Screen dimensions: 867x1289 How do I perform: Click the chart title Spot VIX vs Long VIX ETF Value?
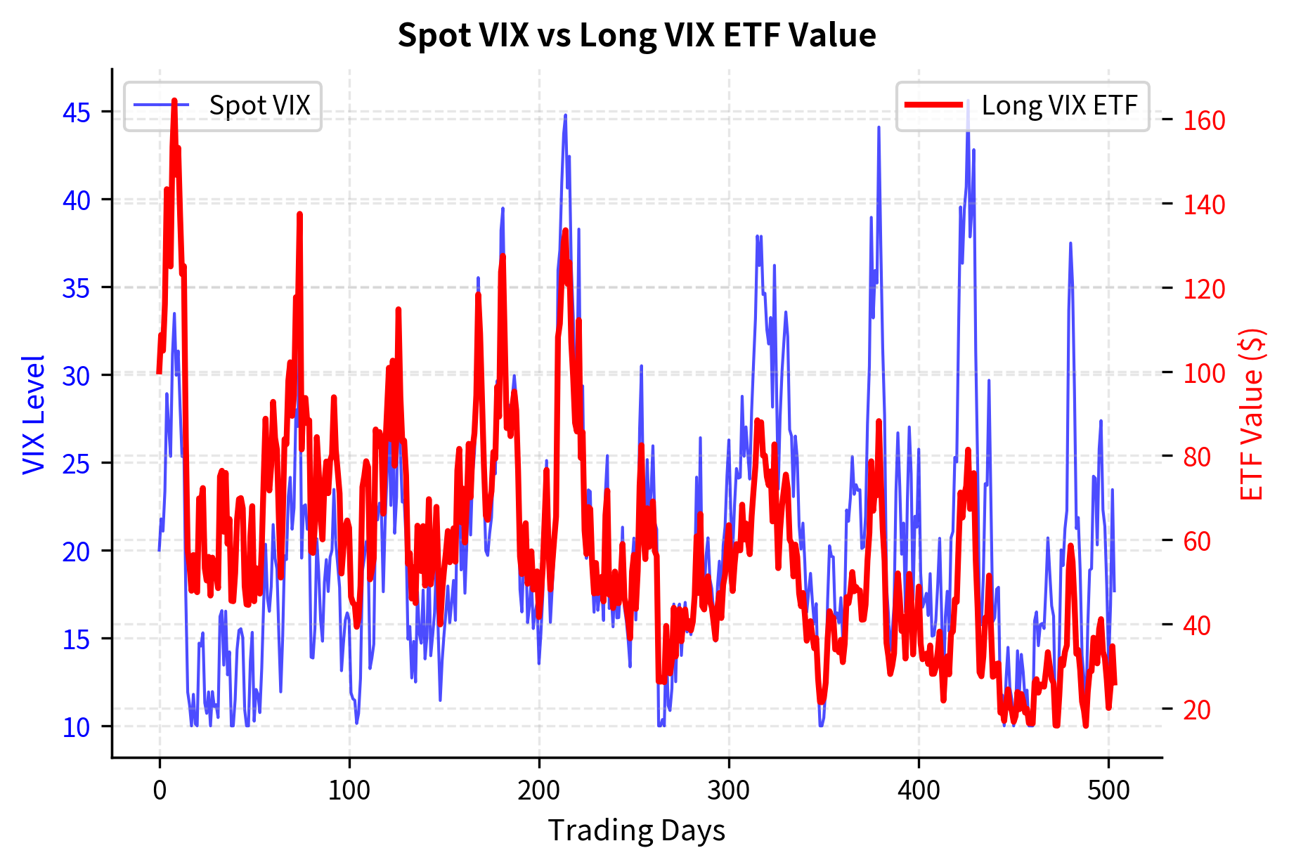636,35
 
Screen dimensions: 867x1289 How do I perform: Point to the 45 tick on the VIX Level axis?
77,112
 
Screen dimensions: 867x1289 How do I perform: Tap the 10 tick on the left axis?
77,727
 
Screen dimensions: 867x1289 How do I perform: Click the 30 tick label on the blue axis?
77,376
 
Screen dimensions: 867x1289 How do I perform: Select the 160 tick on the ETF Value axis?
1204,120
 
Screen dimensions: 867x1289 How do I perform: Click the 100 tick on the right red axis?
1204,373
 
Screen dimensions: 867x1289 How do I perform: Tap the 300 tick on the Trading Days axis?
729,790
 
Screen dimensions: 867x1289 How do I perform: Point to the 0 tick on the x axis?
160,790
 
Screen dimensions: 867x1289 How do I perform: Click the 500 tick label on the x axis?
1108,790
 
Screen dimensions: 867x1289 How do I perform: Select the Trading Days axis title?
636,830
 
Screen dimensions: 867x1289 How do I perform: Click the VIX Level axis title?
34,415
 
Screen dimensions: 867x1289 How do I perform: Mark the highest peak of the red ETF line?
174,100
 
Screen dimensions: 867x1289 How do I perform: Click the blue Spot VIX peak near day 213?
565,115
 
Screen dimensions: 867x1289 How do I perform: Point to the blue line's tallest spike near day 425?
968,100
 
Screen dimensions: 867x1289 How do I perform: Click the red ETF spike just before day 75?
299,214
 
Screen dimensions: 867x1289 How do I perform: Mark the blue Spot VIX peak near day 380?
879,127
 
